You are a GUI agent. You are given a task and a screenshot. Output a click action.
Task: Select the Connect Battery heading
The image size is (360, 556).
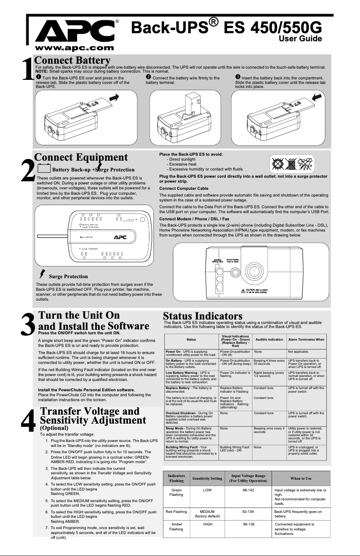pos(72,61)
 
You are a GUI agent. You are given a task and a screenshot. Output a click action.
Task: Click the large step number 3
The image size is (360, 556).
pos(28,324)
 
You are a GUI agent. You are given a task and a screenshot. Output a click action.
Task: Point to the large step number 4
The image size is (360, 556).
pos(28,423)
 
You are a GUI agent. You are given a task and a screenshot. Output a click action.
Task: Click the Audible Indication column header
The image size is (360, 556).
pos(269,340)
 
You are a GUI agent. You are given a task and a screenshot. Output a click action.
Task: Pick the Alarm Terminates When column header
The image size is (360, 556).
pos(306,340)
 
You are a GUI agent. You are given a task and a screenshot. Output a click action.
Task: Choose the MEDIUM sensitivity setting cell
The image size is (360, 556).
pos(207,512)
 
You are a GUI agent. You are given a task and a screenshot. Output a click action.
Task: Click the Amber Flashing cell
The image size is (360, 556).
pos(176,526)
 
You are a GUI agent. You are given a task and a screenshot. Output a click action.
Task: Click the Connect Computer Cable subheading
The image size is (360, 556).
pos(184,188)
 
